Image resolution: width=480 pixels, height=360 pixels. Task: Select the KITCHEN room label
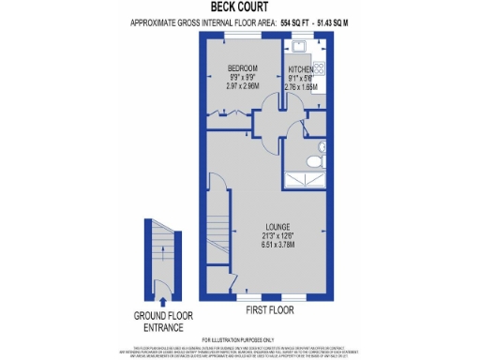(x=302, y=70)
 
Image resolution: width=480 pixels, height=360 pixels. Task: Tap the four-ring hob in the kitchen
(x=319, y=67)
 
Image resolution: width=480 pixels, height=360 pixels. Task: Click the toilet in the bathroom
(x=321, y=147)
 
